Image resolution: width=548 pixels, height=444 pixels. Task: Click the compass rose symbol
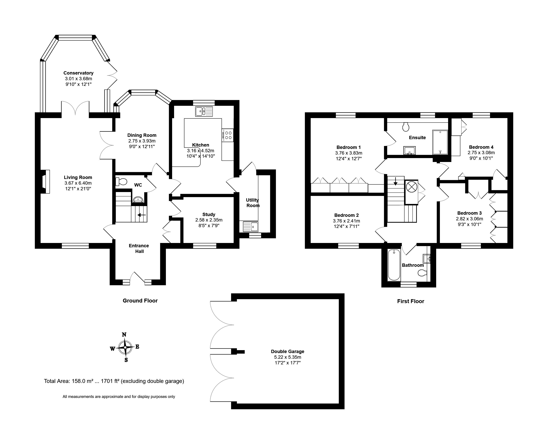pyautogui.click(x=125, y=347)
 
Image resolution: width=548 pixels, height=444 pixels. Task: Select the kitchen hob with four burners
pyautogui.click(x=228, y=135)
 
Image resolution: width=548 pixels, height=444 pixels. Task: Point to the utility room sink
pyautogui.click(x=251, y=227)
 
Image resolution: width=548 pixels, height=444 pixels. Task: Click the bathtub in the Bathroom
pyautogui.click(x=394, y=265)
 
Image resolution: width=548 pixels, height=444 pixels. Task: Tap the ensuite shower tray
pyautogui.click(x=440, y=142)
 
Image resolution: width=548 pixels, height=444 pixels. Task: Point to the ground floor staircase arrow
pyautogui.click(x=142, y=215)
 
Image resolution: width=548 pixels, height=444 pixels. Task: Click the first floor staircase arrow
pyautogui.click(x=396, y=181)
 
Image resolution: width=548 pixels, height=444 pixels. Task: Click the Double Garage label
pyautogui.click(x=288, y=351)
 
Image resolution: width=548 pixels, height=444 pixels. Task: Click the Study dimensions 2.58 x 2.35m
pyautogui.click(x=209, y=220)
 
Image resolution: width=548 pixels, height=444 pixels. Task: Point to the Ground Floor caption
pyautogui.click(x=140, y=301)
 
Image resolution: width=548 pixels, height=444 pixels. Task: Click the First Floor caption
pyautogui.click(x=411, y=301)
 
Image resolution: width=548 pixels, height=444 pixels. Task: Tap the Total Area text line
pyautogui.click(x=114, y=381)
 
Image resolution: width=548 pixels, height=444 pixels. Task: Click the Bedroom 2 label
pyautogui.click(x=346, y=215)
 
